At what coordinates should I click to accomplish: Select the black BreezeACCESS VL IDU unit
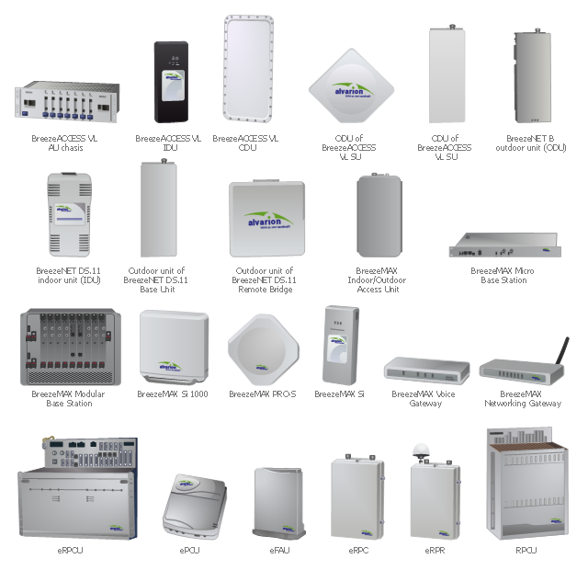click(170, 82)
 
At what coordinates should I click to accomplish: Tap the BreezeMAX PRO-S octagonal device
click(264, 348)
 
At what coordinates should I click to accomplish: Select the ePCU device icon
click(191, 505)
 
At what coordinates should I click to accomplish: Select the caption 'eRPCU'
click(70, 551)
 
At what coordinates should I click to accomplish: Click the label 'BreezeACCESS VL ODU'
click(247, 142)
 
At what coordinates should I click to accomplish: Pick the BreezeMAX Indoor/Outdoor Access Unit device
click(379, 217)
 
